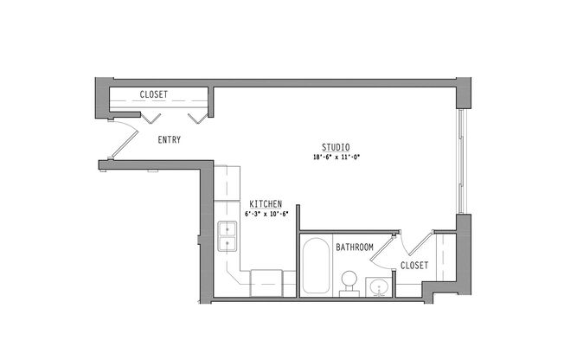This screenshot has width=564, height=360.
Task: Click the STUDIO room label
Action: tap(336, 147)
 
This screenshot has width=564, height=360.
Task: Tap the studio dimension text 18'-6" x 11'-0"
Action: tap(336, 157)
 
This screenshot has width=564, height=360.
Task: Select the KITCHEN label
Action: tap(266, 204)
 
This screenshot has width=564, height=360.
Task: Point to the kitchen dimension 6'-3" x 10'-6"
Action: tap(266, 214)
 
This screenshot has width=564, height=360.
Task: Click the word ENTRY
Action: tap(169, 139)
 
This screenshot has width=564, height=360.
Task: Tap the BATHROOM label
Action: tap(355, 247)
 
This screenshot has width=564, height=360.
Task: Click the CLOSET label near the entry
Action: tap(154, 94)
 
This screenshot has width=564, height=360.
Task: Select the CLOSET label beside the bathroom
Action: tap(414, 266)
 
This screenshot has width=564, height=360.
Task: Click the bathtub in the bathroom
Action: tap(316, 266)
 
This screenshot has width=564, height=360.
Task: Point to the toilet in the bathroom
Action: tap(349, 283)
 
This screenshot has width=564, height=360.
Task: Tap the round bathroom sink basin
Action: tap(378, 287)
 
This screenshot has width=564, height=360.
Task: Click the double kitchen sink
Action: tap(227, 236)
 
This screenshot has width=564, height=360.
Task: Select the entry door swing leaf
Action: tap(125, 145)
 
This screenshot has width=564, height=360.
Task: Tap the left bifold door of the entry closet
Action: tap(151, 118)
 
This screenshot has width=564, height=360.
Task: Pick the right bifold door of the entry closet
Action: tap(198, 118)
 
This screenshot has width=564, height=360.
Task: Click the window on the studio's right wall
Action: tap(461, 161)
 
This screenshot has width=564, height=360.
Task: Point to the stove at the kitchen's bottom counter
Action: tap(266, 283)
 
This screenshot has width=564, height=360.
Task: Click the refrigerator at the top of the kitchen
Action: tap(227, 183)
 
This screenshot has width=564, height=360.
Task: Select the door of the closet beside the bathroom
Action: tap(420, 244)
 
